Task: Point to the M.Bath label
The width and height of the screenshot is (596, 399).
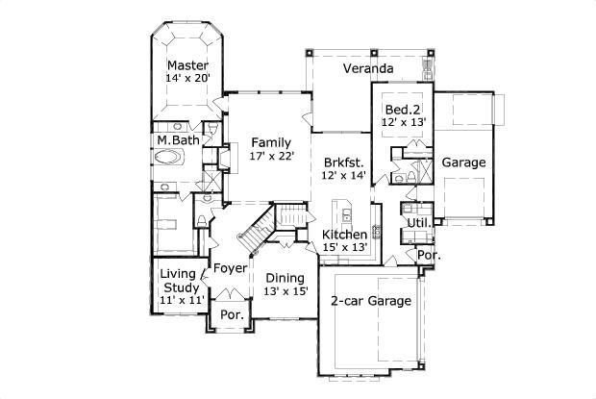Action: tap(179, 140)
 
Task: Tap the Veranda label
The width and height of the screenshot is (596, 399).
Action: tap(368, 69)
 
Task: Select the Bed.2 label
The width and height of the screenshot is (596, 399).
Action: tap(402, 109)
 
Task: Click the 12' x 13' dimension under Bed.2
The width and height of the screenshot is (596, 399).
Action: tap(403, 123)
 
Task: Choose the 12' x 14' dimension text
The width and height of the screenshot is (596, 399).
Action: tap(345, 176)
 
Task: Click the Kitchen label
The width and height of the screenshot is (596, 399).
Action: tap(344, 235)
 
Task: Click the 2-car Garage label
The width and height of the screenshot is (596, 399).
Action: tap(370, 301)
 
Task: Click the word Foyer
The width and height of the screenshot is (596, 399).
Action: tap(230, 268)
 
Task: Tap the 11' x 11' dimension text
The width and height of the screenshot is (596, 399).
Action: tap(181, 301)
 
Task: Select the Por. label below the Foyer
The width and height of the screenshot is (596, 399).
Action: tap(231, 314)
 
